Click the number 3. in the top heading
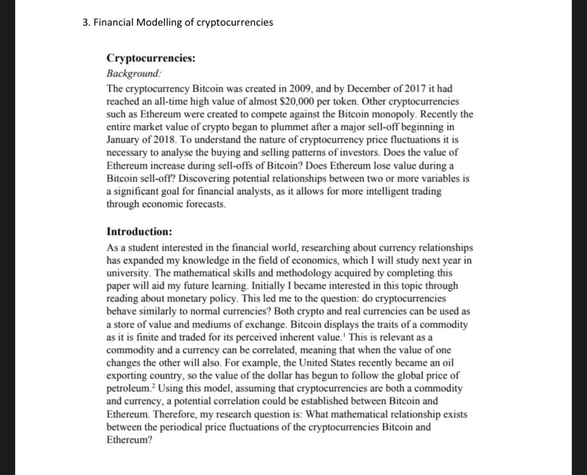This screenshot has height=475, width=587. (x=85, y=23)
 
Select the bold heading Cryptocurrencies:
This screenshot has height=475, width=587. (x=151, y=59)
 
